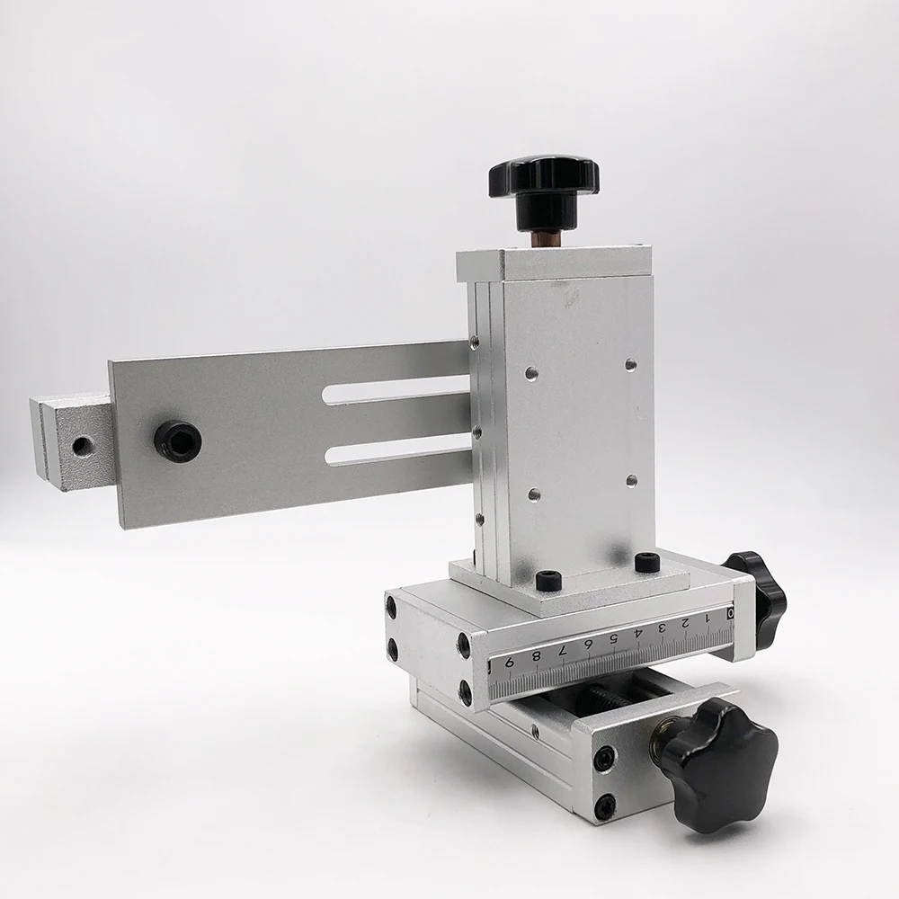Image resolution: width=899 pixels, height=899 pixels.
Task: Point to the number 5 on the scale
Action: click(613, 638)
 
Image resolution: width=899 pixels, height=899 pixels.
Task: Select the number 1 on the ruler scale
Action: click(707, 619)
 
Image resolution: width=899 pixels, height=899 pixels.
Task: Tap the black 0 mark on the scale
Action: click(730, 613)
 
